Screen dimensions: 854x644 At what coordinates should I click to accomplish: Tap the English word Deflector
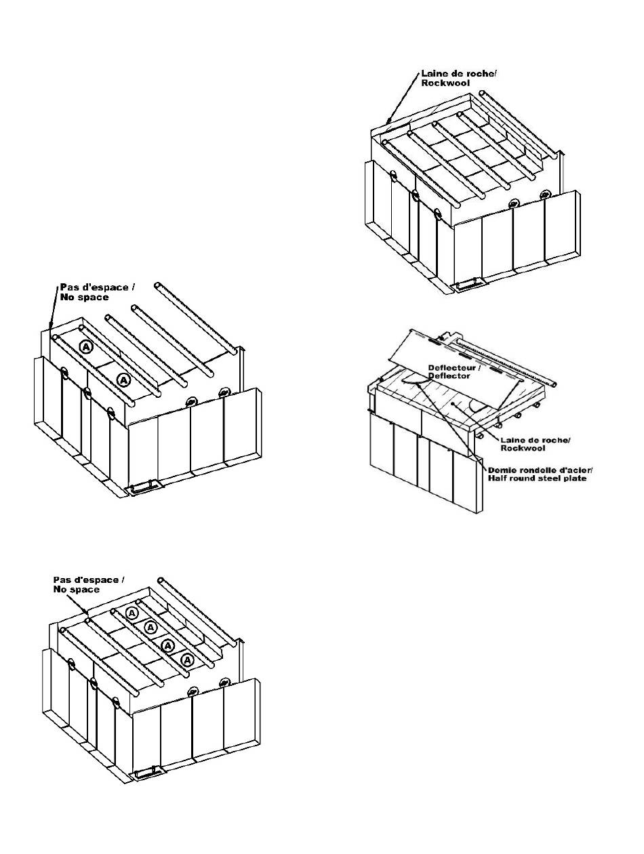pos(449,376)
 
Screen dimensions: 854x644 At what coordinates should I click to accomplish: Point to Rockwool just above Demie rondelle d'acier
pos(523,449)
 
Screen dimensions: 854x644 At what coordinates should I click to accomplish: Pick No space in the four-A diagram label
pos(76,590)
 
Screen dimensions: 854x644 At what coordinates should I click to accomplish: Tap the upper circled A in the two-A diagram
pos(85,346)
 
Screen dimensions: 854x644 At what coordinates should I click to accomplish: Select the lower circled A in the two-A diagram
pos(123,380)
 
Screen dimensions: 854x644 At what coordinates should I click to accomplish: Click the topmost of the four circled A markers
pos(133,613)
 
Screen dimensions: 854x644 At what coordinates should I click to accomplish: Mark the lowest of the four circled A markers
pos(188,659)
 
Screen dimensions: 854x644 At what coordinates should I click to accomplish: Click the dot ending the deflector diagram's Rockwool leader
pos(451,404)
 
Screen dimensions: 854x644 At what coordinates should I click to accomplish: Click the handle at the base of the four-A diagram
pos(147,773)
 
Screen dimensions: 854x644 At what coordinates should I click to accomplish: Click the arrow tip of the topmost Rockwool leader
pos(387,124)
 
